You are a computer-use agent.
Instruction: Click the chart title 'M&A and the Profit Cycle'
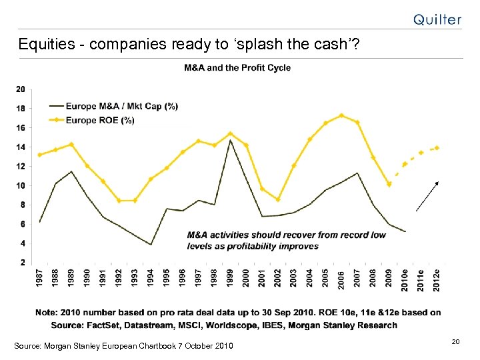[x=237, y=67]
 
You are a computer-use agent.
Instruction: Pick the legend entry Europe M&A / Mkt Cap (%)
[x=122, y=107]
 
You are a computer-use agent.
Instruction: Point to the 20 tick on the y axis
[x=21, y=89]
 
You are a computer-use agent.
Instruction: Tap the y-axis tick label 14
[x=21, y=147]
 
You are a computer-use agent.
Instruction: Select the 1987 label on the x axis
[x=40, y=278]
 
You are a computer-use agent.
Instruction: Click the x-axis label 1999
[x=230, y=278]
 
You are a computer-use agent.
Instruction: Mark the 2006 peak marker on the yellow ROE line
[x=341, y=115]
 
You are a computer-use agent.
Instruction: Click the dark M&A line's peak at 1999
[x=230, y=140]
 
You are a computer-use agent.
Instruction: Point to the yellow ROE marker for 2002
[x=278, y=199]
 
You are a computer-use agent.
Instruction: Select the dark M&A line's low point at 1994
[x=151, y=245]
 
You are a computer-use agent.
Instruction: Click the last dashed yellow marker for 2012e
[x=437, y=148]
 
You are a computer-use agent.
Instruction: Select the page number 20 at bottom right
[x=456, y=341]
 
